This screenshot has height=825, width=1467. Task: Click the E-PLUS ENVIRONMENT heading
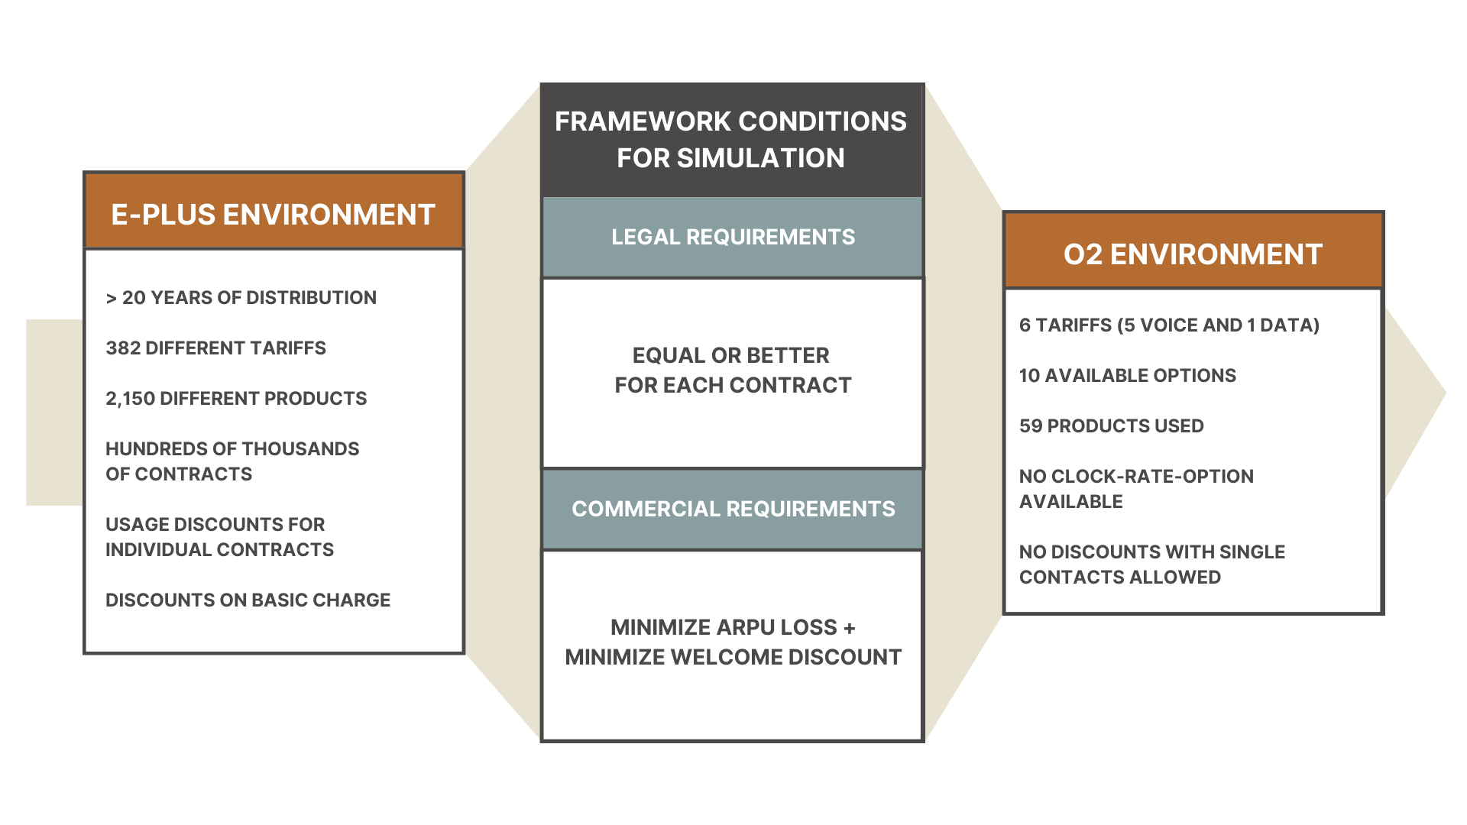coord(273,215)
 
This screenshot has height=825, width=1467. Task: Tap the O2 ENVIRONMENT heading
coord(1193,254)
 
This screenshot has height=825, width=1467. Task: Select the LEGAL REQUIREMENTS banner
coord(733,237)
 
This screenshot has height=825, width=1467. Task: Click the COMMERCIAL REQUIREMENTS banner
coord(733,509)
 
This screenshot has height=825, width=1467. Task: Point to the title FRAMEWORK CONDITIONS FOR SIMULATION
coord(731,140)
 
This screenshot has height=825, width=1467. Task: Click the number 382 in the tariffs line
coord(123,348)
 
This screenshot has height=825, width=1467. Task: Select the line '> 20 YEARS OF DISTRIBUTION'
coord(241,298)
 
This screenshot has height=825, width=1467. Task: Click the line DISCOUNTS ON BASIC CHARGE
coord(248,600)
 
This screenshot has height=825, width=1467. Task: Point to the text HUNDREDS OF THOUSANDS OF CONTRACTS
coord(232,461)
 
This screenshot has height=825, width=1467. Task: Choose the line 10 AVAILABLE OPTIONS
coord(1128,376)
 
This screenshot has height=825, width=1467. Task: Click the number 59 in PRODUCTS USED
coord(1030,426)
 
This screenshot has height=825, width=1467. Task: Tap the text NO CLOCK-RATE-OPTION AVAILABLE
coord(1136,489)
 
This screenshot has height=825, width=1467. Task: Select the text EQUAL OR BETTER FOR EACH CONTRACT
coord(733,370)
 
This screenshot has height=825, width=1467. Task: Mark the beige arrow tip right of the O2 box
coord(1446,393)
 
